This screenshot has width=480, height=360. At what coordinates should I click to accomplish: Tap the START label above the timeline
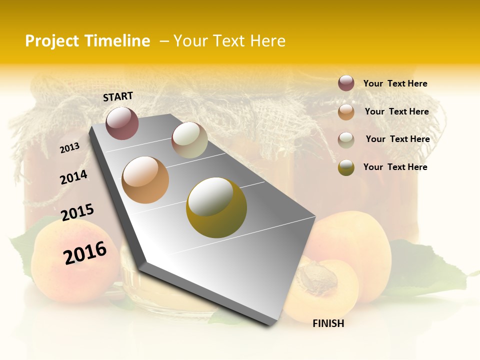pos(118,96)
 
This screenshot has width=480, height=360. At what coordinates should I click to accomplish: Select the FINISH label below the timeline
pos(328,323)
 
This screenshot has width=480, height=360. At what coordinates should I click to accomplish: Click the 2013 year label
pos(70,147)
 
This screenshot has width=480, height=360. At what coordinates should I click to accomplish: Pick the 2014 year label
pos(74,177)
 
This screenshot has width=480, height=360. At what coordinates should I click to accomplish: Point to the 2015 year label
pos(77,212)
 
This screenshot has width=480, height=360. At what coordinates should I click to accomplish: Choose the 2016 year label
pos(85,252)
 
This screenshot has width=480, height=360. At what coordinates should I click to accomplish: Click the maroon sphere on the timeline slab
pos(122,123)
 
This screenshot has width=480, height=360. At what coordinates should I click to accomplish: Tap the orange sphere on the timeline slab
pos(145,180)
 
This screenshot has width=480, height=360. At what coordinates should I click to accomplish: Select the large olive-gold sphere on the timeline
pos(216,207)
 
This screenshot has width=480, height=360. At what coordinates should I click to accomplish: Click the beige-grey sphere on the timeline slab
pos(189,140)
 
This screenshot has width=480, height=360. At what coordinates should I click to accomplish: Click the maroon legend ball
pos(346,83)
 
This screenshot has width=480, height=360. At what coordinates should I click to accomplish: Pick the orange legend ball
pos(346,111)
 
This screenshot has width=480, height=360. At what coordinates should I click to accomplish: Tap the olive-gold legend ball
pos(346,167)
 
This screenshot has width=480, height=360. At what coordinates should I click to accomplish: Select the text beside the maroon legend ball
pos(395,83)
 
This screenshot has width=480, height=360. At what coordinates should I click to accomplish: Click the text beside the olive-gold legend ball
pos(395,167)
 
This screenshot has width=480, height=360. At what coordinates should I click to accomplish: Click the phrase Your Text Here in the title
pos(229,41)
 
